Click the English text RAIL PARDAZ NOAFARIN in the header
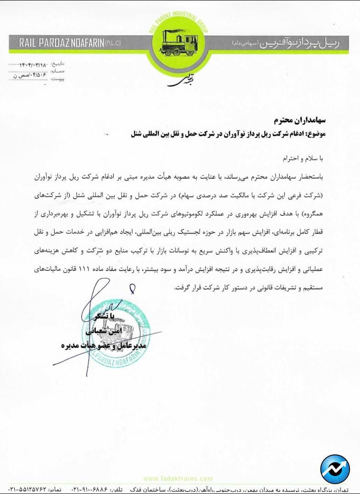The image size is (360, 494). click(x=61, y=43)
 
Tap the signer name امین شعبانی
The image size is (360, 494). click(x=110, y=331)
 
